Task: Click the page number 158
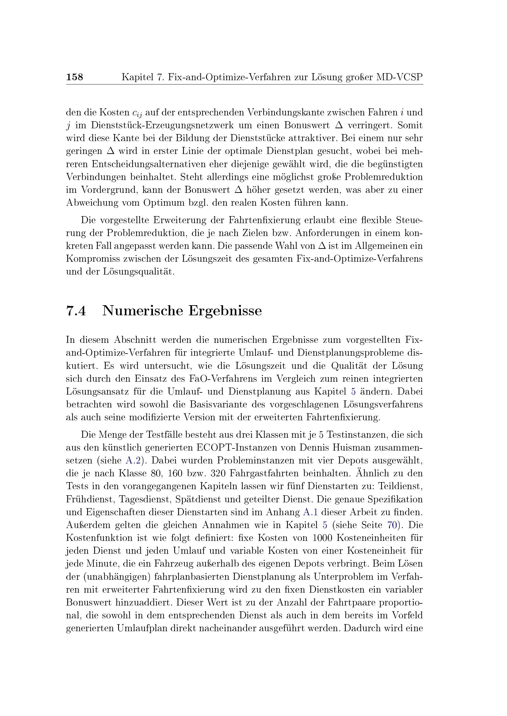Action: click(74, 77)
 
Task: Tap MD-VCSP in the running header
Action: click(400, 77)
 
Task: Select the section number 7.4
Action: click(76, 311)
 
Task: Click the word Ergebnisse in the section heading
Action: click(225, 311)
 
